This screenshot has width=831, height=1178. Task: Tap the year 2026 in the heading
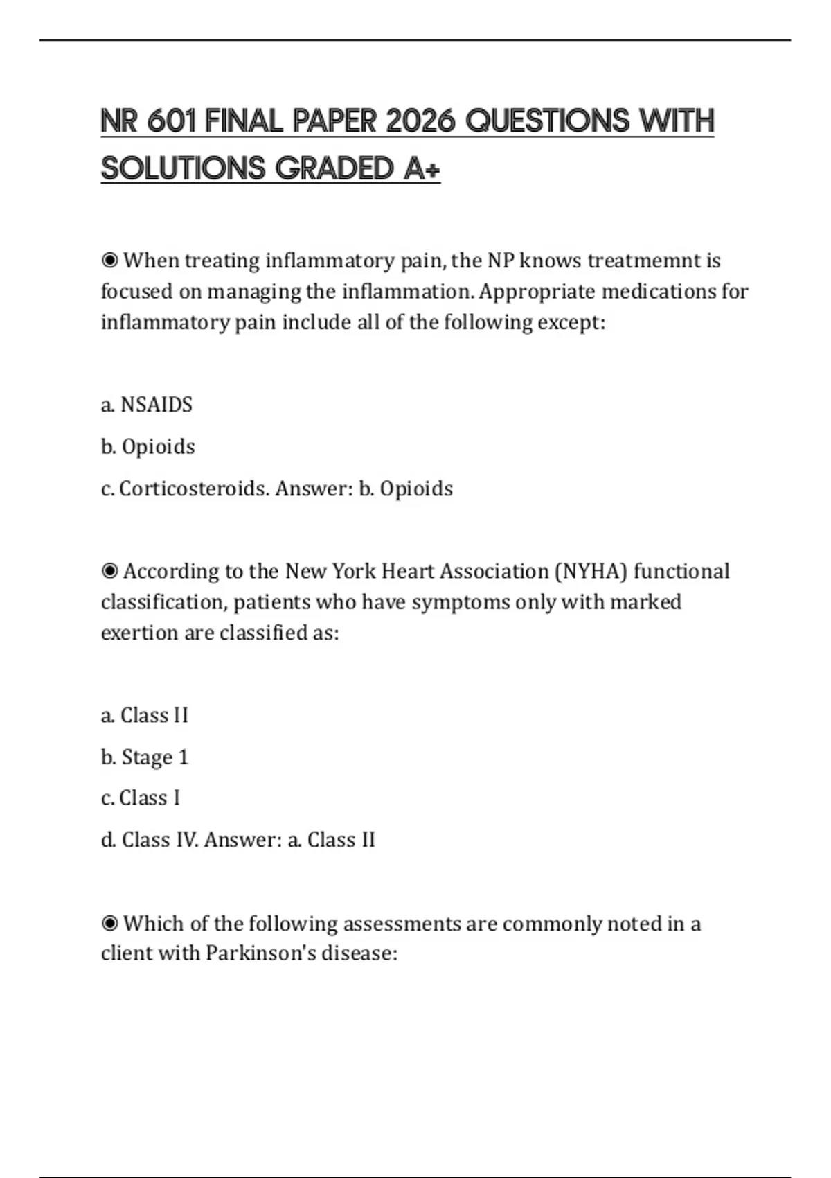pos(420,121)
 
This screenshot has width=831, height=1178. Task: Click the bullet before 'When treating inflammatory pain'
pos(109,261)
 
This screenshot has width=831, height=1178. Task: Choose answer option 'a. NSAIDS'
pos(147,405)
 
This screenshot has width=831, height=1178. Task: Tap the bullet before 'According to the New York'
pos(109,571)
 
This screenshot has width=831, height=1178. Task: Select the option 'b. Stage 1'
pos(145,757)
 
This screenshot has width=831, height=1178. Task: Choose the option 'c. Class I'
pos(141,798)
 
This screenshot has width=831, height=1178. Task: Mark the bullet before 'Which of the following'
pos(109,924)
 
